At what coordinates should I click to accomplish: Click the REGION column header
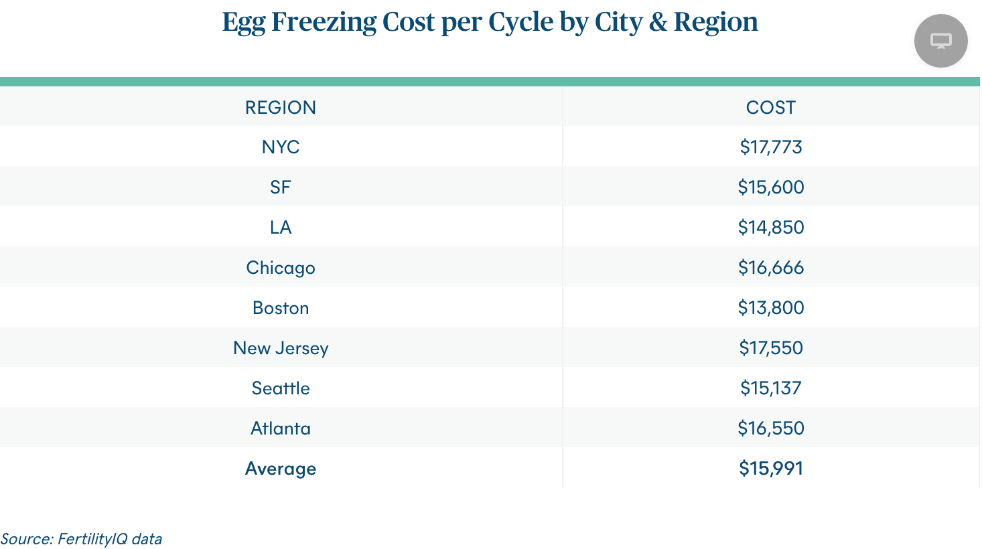[x=280, y=107]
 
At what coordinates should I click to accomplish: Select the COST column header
[x=770, y=107]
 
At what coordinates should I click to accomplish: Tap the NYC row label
[x=280, y=147]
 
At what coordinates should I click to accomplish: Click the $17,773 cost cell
[x=770, y=147]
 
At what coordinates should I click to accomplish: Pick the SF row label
[x=280, y=187]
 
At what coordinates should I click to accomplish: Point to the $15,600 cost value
[x=770, y=187]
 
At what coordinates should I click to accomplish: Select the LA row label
[x=280, y=228]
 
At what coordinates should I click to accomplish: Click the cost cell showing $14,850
[x=770, y=228]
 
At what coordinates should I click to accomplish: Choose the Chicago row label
[x=280, y=268]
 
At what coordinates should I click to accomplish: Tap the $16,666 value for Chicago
[x=770, y=268]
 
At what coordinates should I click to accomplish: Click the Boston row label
[x=280, y=308]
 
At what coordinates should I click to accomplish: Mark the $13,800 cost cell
[x=770, y=308]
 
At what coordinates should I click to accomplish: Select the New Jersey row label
[x=280, y=348]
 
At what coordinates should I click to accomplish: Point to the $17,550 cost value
[x=770, y=348]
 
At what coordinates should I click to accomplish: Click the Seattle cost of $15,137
[x=770, y=388]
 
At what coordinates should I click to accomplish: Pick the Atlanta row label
[x=280, y=428]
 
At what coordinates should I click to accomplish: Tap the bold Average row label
[x=280, y=469]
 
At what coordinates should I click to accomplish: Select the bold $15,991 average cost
[x=770, y=469]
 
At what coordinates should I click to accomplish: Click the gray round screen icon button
[x=940, y=41]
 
